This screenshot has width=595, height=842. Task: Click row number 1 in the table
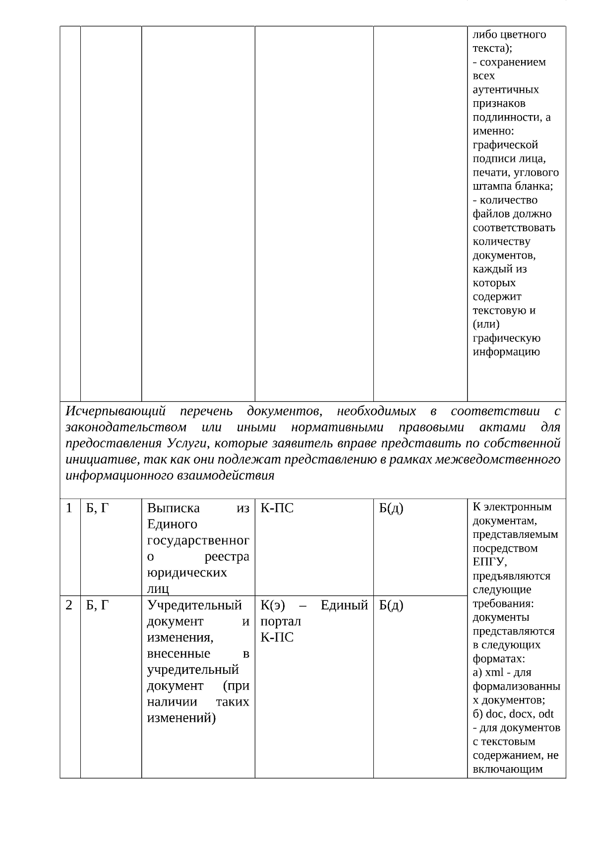[x=69, y=508]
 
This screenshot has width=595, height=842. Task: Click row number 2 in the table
[x=69, y=605]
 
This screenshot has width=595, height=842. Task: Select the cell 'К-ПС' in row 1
[x=277, y=508]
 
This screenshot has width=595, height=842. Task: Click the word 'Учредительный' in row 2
[x=194, y=605]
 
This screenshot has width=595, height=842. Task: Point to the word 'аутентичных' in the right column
[x=505, y=90]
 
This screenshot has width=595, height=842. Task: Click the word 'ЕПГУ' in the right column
[x=488, y=562]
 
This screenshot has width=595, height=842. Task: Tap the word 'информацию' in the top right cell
[x=506, y=352]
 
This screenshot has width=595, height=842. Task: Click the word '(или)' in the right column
[x=486, y=324]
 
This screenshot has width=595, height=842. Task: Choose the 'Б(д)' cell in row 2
[x=391, y=605]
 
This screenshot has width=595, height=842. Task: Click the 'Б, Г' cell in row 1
[x=97, y=508]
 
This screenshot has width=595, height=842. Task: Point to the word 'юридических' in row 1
[x=187, y=573]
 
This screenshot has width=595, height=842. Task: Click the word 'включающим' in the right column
[x=507, y=770]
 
